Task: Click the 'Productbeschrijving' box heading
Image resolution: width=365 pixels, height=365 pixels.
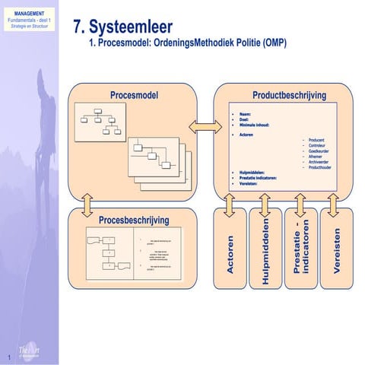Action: click(x=288, y=95)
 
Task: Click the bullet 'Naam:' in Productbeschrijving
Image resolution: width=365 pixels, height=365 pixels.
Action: click(x=246, y=113)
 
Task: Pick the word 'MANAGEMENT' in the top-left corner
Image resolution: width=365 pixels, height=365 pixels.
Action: click(x=28, y=14)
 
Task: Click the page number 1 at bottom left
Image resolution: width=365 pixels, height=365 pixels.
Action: click(x=8, y=357)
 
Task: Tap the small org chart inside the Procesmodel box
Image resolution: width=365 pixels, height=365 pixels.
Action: click(x=103, y=119)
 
